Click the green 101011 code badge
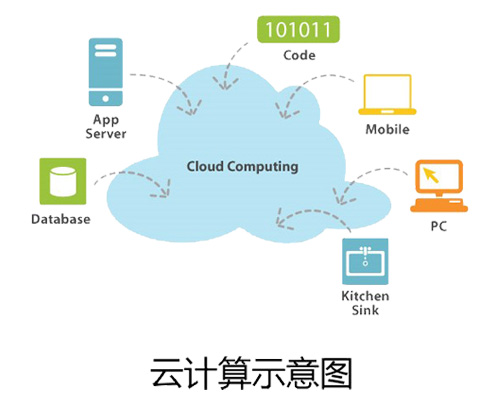point(299,29)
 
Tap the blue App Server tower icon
point(106,72)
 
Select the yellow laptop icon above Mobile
point(387,95)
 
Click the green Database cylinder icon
point(63,181)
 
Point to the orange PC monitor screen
point(439,177)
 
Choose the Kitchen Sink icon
point(365,261)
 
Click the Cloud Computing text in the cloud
point(242,167)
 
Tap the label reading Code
point(299,55)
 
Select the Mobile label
point(387,129)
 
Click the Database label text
point(61,219)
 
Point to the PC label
point(438,226)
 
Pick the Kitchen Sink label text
point(365,303)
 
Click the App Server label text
point(106,127)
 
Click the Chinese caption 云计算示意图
point(251,373)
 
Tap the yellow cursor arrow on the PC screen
point(431,175)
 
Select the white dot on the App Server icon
point(106,99)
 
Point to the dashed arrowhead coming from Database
point(161,189)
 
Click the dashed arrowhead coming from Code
point(225,83)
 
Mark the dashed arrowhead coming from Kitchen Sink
point(283,219)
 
